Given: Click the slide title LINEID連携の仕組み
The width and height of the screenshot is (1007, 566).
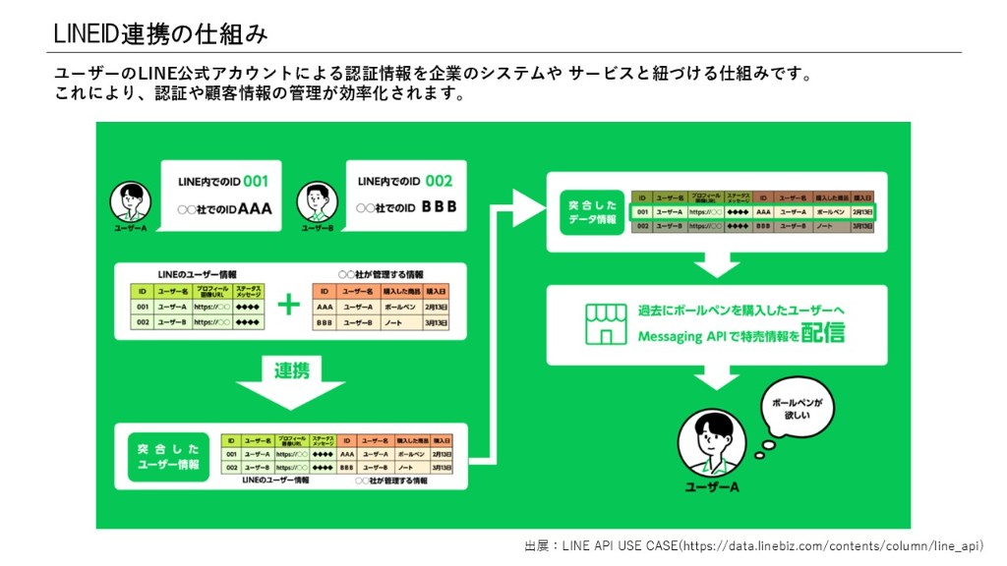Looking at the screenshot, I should click(160, 33).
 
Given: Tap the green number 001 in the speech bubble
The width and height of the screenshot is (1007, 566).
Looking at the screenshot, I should click(256, 181).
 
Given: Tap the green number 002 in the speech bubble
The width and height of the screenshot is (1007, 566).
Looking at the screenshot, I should click(439, 181).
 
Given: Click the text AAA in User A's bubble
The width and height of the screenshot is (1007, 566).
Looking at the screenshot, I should click(255, 208).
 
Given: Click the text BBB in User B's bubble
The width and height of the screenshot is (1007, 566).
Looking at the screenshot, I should click(439, 208).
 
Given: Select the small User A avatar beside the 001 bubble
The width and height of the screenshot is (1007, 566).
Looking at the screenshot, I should click(130, 202).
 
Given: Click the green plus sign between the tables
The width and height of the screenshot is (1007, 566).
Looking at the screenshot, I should click(288, 305).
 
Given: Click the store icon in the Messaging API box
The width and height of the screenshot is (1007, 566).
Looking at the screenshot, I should click(606, 324).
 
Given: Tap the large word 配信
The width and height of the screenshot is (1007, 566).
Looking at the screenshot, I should click(822, 334).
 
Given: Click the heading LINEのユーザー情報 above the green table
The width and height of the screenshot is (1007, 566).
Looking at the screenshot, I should click(197, 274).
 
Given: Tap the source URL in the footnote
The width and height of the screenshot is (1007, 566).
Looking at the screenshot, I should click(829, 545).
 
